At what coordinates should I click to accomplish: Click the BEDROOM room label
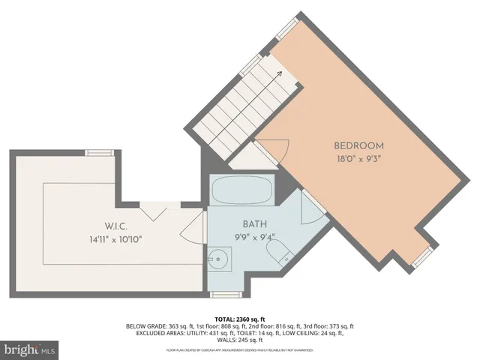pos(358,145)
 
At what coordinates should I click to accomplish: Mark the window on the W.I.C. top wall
pos(98,152)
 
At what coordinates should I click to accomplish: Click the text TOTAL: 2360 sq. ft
pos(239,319)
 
